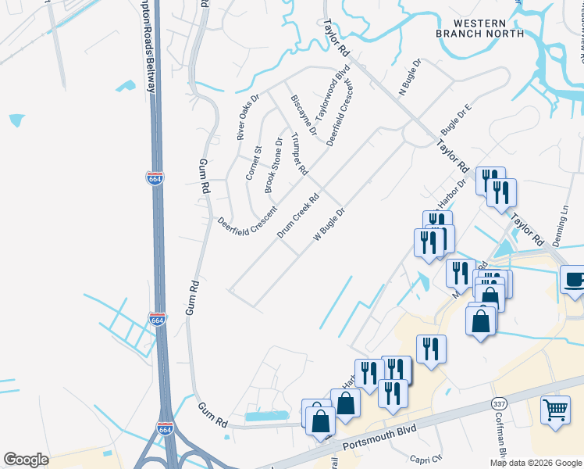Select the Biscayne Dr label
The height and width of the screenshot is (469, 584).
pos(303,116)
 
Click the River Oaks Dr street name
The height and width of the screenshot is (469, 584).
pos(247,115)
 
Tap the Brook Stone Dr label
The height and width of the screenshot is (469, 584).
pos(274,165)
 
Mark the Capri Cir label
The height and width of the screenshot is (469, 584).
pos(427,459)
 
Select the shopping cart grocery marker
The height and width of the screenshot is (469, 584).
pos(555,410)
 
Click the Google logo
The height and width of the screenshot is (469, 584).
pos(26,460)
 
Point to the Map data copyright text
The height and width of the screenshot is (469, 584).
pos(535,463)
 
